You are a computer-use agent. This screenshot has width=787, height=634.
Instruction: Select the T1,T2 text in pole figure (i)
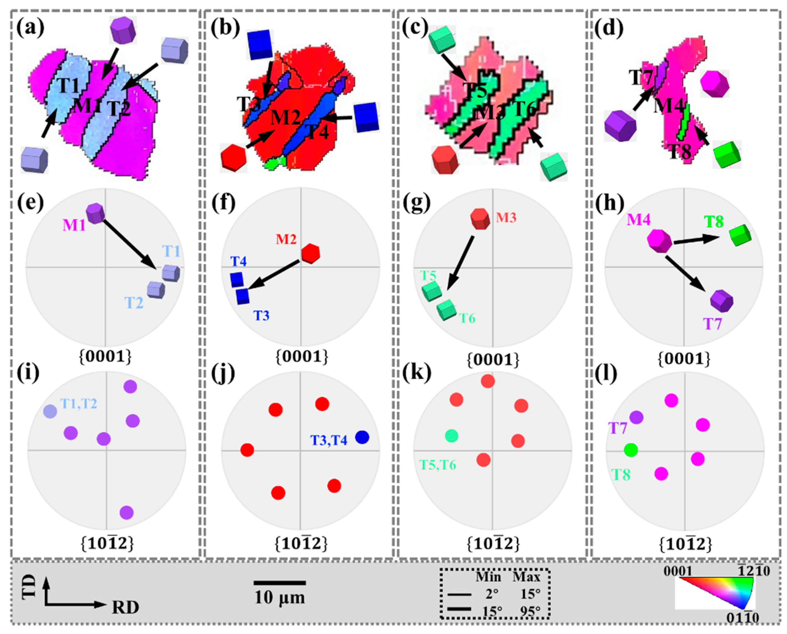tap(79, 403)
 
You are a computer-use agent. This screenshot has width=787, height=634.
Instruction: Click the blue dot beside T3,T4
tap(362, 437)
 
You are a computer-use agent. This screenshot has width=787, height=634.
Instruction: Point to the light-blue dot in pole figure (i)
tap(50, 411)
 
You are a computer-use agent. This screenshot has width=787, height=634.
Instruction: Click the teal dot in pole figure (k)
tap(452, 436)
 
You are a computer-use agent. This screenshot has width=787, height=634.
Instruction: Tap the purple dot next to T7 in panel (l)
tap(637, 417)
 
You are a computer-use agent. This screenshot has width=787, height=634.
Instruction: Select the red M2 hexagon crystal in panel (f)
tap(311, 253)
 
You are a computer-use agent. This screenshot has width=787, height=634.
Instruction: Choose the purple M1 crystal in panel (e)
tap(96, 214)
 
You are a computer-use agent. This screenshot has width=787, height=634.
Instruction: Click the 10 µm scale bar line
tap(280, 583)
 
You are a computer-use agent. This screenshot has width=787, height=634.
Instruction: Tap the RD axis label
tap(125, 608)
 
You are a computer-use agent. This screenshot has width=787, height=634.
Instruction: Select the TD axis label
tap(29, 586)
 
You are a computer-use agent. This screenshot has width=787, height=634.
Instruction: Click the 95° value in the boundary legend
tap(530, 611)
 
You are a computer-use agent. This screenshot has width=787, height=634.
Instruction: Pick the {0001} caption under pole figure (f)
tap(301, 357)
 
